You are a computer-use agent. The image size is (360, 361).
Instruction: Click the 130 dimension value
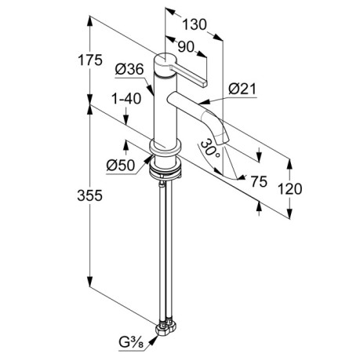click(195, 25)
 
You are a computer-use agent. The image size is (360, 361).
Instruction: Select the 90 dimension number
click(186, 47)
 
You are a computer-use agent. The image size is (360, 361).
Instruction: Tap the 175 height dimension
click(90, 60)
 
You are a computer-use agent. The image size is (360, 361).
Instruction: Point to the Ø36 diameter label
click(129, 69)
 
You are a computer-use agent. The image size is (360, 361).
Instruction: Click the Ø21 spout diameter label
click(242, 89)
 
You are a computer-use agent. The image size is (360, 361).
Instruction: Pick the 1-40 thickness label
click(126, 99)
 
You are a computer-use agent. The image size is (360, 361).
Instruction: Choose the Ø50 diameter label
click(121, 166)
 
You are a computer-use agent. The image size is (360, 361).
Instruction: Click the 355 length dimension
click(89, 195)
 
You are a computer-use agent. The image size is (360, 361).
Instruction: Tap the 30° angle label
click(210, 148)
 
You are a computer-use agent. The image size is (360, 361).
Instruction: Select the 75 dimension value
click(259, 181)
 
